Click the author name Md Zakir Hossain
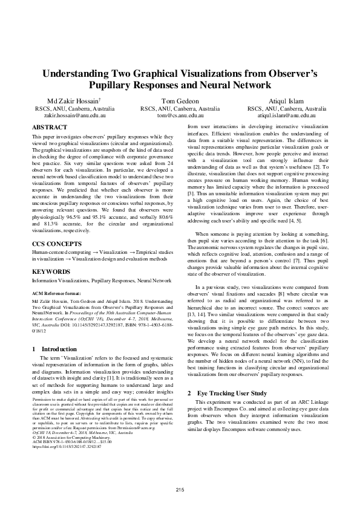click(x=66, y=100)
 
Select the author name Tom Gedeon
click(x=180, y=100)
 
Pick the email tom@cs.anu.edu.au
click(x=180, y=114)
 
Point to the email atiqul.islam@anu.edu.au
click(x=284, y=114)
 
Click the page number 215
click(x=180, y=488)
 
